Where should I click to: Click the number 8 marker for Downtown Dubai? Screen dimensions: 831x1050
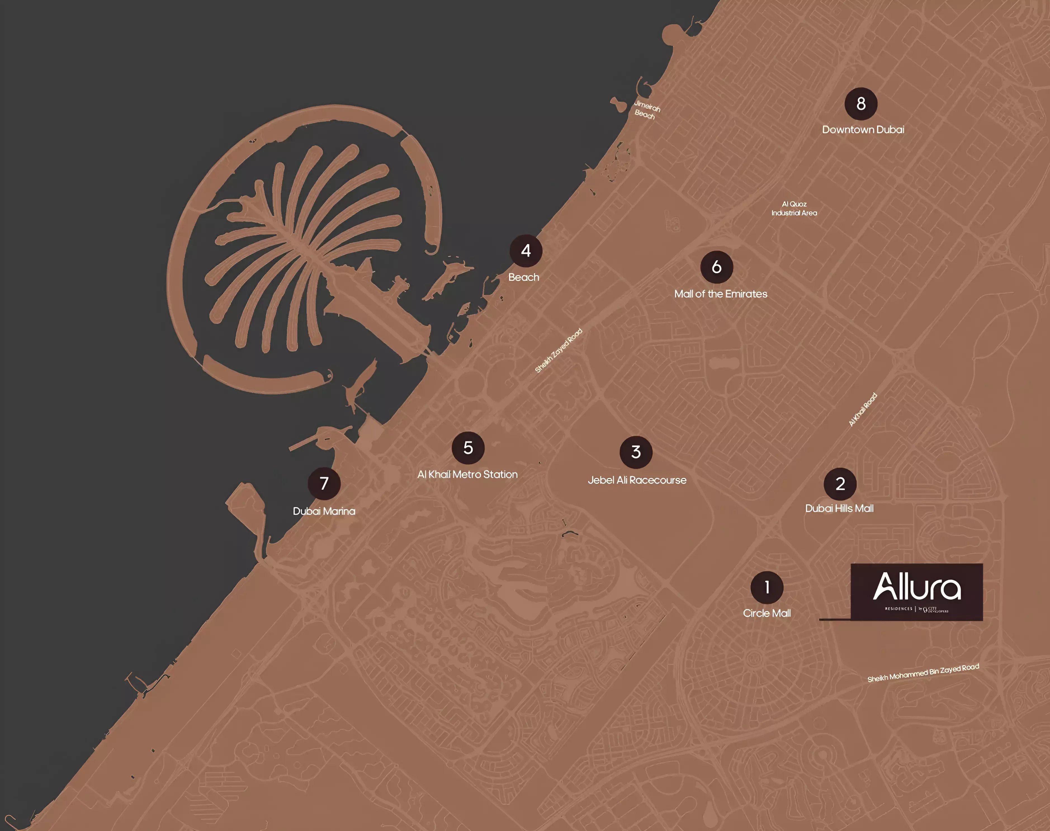[x=861, y=104]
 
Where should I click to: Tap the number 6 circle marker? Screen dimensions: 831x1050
[x=716, y=267]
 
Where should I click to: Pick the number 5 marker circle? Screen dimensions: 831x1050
[x=468, y=448]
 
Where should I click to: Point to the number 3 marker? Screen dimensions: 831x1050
[x=636, y=452]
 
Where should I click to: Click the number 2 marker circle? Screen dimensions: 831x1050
[x=840, y=484]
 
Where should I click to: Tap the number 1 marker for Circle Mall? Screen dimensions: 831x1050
[x=767, y=587]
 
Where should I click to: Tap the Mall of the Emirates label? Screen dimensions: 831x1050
[x=720, y=294]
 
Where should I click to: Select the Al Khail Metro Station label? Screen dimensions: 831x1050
[x=467, y=474]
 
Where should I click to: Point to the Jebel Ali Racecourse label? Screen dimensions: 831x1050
[x=637, y=480]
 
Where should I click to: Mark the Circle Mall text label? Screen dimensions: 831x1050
[x=767, y=613]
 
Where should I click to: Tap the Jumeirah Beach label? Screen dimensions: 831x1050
[x=646, y=110]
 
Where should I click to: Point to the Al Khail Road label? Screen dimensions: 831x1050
[x=863, y=410]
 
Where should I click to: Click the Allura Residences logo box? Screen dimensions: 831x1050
[x=916, y=592]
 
